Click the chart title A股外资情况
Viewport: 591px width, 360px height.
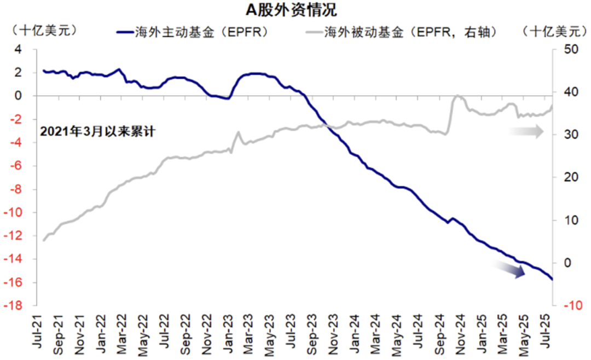295,10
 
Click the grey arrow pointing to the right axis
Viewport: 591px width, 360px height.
526,131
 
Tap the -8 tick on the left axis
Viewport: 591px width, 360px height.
16,189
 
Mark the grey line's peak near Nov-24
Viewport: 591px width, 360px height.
456,96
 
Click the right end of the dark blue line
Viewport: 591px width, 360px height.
552,280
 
